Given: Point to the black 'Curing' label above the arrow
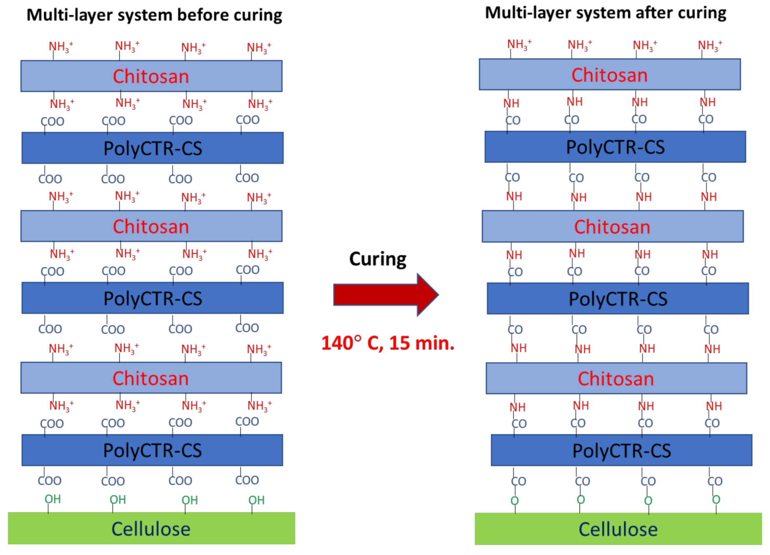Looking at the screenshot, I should pyautogui.click(x=377, y=259).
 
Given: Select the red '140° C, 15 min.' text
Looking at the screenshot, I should pyautogui.click(x=387, y=343).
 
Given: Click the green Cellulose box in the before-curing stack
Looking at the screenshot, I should pyautogui.click(x=151, y=528).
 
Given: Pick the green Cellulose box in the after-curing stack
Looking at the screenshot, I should pyautogui.click(x=618, y=529).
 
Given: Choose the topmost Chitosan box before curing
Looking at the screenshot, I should pyautogui.click(x=151, y=76).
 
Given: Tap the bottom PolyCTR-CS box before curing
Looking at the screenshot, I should pyautogui.click(x=152, y=450).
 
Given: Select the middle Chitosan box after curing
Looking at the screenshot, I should pyautogui.click(x=612, y=226).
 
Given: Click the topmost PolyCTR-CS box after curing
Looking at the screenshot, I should pyautogui.click(x=615, y=147).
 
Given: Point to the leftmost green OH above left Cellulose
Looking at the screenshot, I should pyautogui.click(x=53, y=499).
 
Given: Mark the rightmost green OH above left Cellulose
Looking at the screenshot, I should pyautogui.click(x=256, y=500).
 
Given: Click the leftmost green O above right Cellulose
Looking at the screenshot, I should pyautogui.click(x=515, y=500).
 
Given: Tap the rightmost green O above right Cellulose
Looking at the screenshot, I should pyautogui.click(x=716, y=500).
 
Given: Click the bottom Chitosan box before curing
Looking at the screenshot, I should pyautogui.click(x=151, y=378).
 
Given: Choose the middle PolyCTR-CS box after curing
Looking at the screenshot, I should pyautogui.click(x=618, y=299).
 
